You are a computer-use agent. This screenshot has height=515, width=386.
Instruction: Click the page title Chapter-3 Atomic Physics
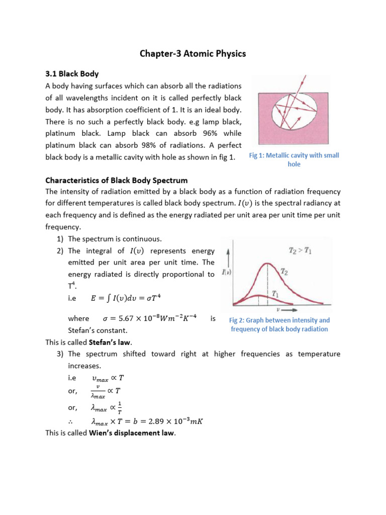(x=192, y=53)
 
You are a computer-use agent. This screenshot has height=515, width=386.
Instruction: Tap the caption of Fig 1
(x=294, y=160)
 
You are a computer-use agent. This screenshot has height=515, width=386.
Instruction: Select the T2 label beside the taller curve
(x=284, y=272)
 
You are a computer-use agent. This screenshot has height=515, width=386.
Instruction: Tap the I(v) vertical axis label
(x=226, y=273)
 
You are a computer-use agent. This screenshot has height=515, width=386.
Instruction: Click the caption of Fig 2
(x=279, y=324)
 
